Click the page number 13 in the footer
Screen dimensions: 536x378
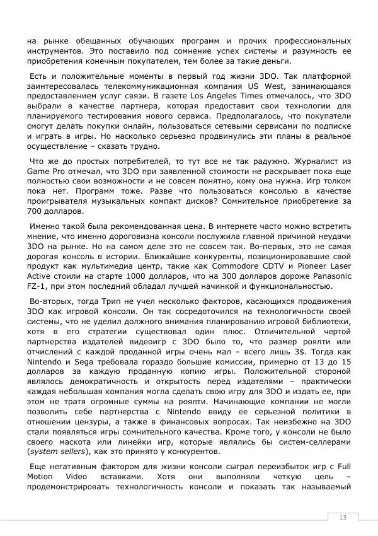343,518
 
